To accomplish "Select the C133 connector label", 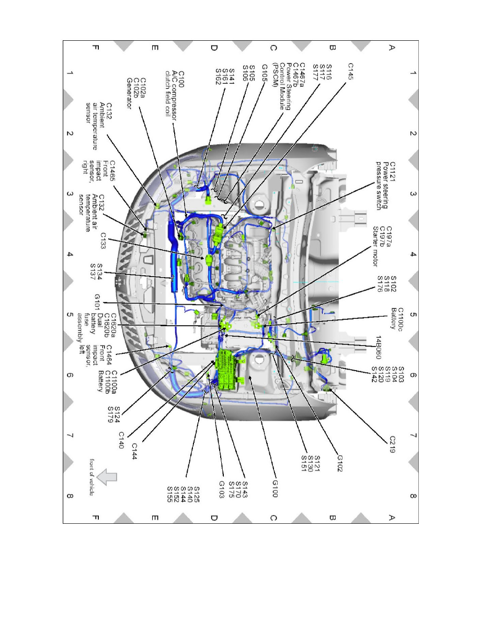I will coord(104,240).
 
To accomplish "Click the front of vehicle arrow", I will coord(108,477).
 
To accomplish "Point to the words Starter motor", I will coord(374,244).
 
